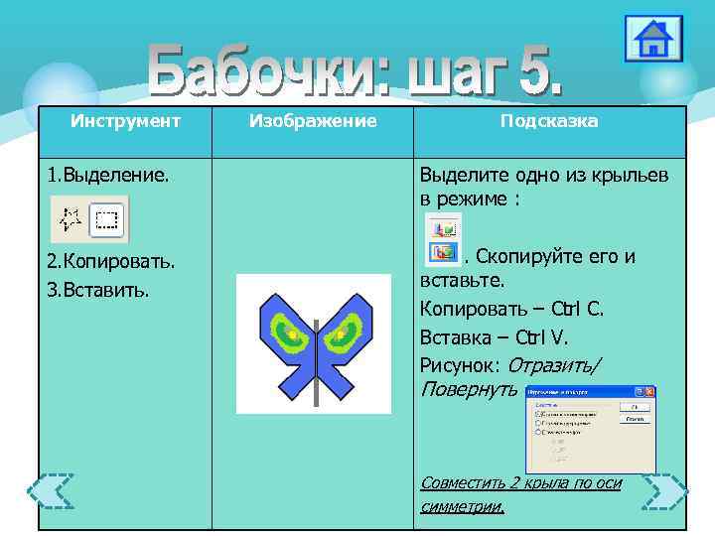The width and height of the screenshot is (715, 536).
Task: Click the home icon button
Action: coord(653,39)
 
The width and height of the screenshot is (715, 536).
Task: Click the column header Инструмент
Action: coord(125,121)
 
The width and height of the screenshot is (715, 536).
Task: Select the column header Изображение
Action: coord(313,121)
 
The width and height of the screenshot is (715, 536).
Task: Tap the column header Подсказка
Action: coord(549,121)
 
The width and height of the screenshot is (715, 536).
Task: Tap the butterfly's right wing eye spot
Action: coord(343,333)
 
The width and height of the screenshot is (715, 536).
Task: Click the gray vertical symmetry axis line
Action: coord(316,367)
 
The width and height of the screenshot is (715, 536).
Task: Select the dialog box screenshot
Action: coord(590,429)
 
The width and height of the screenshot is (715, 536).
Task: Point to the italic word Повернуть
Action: coord(468,389)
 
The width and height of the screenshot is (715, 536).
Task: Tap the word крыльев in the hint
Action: coord(626,176)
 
